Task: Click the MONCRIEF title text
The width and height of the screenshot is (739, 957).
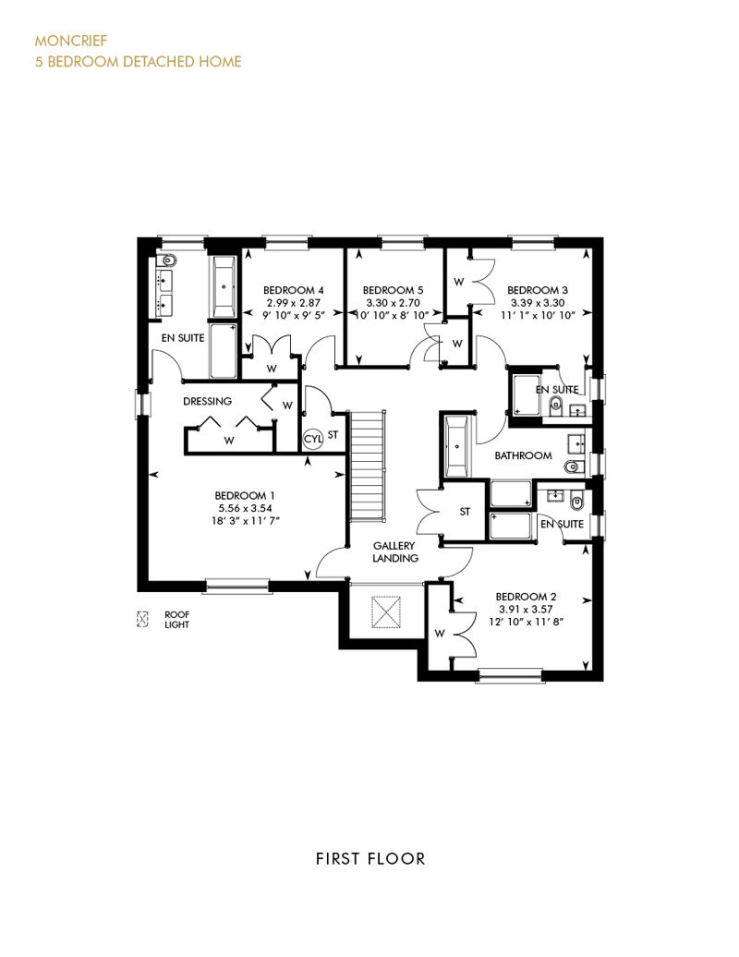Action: tap(71, 41)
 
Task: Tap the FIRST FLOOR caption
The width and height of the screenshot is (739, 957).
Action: tap(370, 859)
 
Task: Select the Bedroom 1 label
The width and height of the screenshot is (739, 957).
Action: tap(240, 495)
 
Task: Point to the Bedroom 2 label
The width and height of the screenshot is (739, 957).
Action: tap(526, 597)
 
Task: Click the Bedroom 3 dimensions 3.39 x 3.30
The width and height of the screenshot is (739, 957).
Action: tap(538, 303)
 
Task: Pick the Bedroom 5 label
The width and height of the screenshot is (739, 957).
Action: tap(393, 290)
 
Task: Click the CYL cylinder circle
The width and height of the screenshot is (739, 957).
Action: tap(313, 438)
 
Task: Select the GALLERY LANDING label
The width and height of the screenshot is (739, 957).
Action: tap(394, 551)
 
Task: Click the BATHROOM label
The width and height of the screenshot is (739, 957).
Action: tap(523, 455)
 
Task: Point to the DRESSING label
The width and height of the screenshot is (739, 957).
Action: tap(208, 401)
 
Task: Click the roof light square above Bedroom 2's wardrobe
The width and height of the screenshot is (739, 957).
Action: tap(386, 612)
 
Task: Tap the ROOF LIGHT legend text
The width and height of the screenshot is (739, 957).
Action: tap(177, 620)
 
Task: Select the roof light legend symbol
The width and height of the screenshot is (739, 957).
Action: tap(142, 620)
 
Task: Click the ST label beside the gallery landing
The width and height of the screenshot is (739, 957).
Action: tap(465, 512)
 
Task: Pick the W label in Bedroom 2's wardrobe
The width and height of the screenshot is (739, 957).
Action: tap(440, 634)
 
